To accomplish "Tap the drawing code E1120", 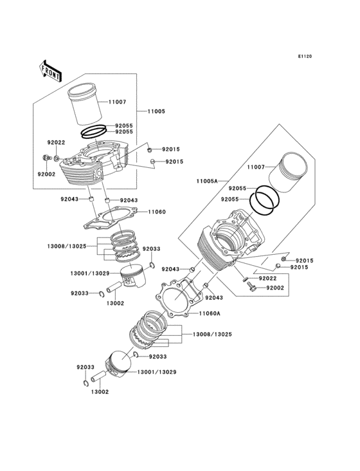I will (x=305, y=57).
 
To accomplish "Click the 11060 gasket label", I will (x=157, y=211).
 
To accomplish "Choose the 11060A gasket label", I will (x=210, y=313).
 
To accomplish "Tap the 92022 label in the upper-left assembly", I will (x=55, y=142).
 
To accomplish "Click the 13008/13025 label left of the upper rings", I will (x=67, y=246).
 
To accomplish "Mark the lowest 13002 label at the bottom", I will (x=99, y=391).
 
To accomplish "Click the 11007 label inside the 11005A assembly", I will (x=256, y=167).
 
